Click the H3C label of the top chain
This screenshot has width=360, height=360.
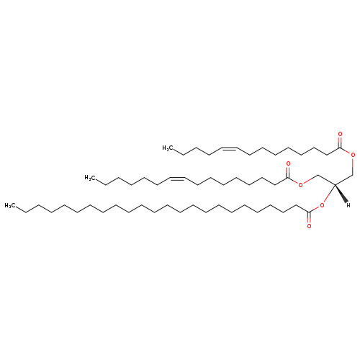click(168, 148)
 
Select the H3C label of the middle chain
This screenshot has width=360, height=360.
click(90, 178)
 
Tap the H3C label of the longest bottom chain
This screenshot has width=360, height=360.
click(10, 205)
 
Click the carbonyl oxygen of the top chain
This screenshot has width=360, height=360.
click(340, 134)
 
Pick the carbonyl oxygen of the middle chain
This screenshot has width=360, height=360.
click(288, 164)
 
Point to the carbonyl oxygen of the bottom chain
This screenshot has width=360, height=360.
click(309, 226)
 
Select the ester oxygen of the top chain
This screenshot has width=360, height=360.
click(353, 155)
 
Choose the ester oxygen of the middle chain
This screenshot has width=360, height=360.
click(300, 185)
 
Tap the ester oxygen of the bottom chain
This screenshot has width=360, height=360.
click(322, 205)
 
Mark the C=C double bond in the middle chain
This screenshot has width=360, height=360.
click(178, 178)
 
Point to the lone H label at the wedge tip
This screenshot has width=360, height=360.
click(348, 205)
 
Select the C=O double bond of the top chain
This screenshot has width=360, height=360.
click(340, 143)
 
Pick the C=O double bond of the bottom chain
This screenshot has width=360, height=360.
click(309, 217)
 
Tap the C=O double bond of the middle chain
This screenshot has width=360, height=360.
click(288, 173)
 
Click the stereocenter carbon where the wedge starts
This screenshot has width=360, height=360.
click(335, 184)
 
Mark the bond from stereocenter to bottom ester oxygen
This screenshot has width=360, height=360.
click(329, 194)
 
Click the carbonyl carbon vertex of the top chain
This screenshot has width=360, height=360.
click(340, 148)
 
